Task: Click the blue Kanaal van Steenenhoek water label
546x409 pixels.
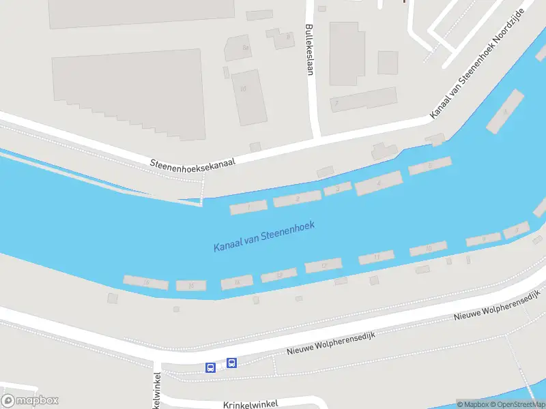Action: point(263,236)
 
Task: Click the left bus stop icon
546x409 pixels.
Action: point(210,367)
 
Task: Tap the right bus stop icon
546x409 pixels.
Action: point(231,363)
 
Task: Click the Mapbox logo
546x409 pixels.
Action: point(30,400)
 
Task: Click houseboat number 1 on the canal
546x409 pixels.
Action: point(248,207)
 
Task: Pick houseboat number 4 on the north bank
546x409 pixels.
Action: point(378,183)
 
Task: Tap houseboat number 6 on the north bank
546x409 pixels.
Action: point(430,166)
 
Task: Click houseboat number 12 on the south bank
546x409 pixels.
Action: point(323,265)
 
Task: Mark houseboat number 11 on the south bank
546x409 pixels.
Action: point(376,257)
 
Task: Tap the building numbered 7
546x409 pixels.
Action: point(336,104)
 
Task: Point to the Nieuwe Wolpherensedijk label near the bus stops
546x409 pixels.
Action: point(331,344)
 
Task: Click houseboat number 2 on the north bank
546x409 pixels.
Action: point(298,198)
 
